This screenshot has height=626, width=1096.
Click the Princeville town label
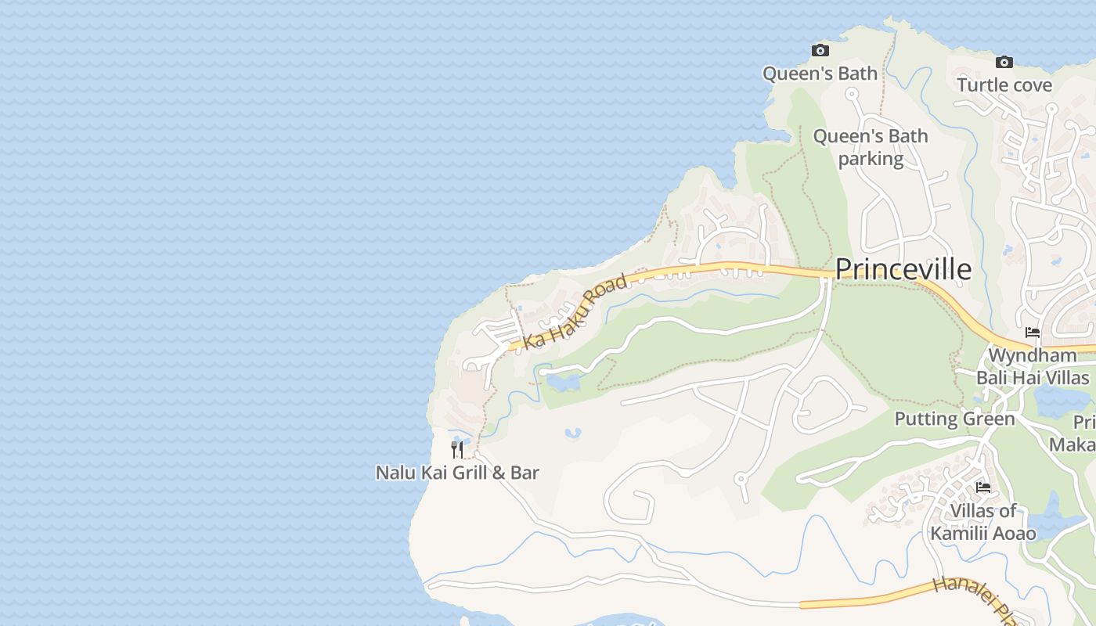(903, 269)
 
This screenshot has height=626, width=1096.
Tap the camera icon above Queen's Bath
(820, 51)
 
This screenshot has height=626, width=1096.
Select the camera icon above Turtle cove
(1004, 63)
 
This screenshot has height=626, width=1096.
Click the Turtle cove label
(1004, 85)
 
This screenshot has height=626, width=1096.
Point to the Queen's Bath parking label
(871, 147)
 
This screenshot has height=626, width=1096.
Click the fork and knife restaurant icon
(457, 450)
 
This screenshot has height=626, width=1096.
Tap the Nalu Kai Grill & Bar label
(457, 473)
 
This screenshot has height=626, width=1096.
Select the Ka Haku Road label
(575, 311)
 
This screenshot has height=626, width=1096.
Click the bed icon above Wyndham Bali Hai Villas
(1033, 333)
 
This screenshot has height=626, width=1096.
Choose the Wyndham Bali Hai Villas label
(1032, 366)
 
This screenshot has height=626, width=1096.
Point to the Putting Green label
(954, 419)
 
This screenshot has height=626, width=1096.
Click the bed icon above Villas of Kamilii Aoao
(983, 487)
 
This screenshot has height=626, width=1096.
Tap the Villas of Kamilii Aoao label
(982, 523)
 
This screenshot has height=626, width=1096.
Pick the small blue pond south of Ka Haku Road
(563, 383)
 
